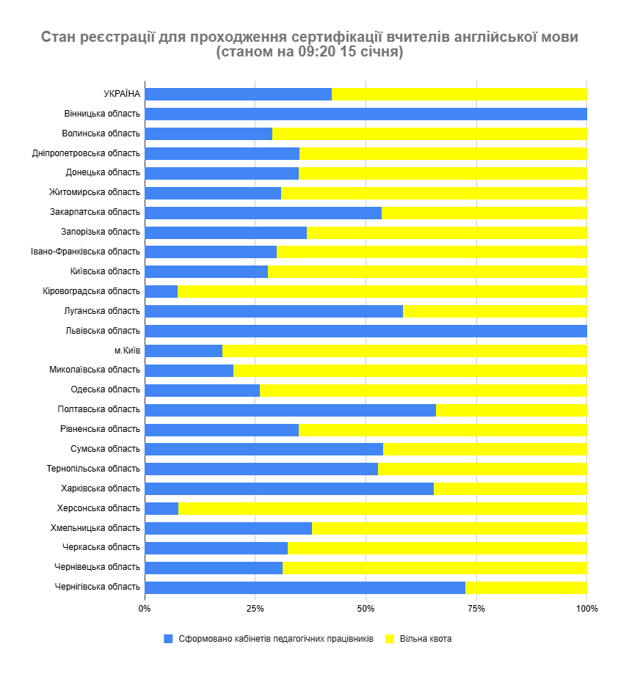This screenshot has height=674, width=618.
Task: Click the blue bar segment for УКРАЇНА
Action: pyautogui.click(x=238, y=94)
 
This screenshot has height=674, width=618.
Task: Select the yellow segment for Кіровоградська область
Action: pyautogui.click(x=382, y=291)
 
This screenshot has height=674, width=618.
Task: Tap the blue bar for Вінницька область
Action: pyautogui.click(x=366, y=114)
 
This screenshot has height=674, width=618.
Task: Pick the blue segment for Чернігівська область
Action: pyautogui.click(x=305, y=587)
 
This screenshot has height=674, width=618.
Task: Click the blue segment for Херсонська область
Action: pyautogui.click(x=161, y=508)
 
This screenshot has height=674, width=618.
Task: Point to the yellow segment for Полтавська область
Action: pyautogui.click(x=511, y=410)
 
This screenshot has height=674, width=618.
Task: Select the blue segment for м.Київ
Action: pyautogui.click(x=183, y=351)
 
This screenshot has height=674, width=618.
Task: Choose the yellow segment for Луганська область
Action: pyautogui.click(x=495, y=311)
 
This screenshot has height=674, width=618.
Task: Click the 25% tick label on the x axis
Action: pyautogui.click(x=255, y=609)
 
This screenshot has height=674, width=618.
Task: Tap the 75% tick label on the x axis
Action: pyautogui.click(x=476, y=609)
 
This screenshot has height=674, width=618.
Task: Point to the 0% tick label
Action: pyautogui.click(x=145, y=609)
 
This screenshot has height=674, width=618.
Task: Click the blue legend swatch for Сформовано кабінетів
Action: pyautogui.click(x=168, y=639)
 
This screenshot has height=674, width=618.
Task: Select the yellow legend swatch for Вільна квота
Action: pyautogui.click(x=390, y=639)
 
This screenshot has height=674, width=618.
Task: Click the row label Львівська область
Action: pyautogui.click(x=103, y=331)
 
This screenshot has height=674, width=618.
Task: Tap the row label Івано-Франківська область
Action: pyautogui.click(x=86, y=252)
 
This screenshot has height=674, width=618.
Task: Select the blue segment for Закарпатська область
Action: pyautogui.click(x=263, y=213)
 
